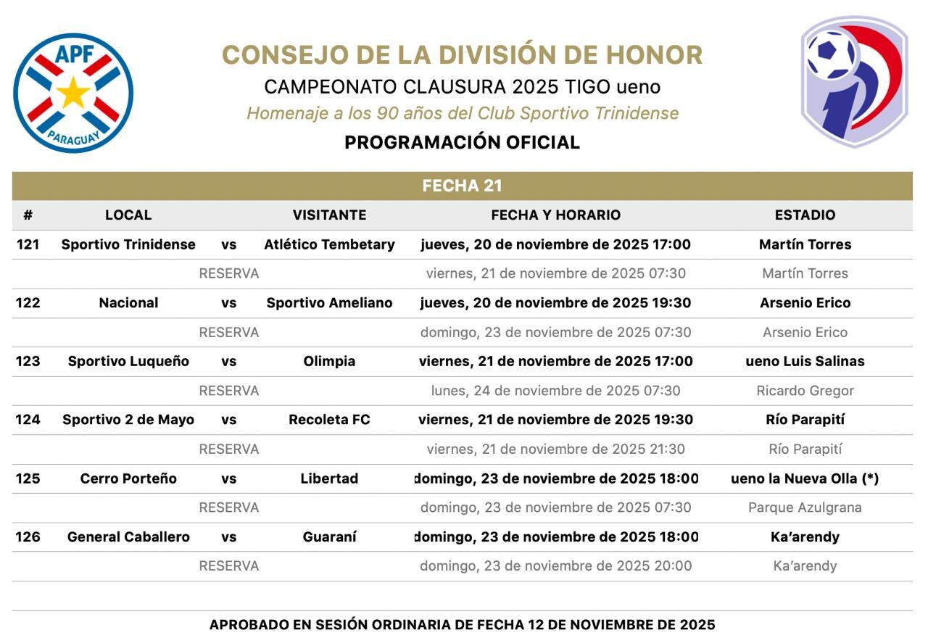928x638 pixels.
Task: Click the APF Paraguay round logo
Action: click(x=73, y=93)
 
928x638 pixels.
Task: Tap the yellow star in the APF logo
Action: click(x=73, y=93)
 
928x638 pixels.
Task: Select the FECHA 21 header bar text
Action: click(x=463, y=186)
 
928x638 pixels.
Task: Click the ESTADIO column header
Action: click(x=805, y=215)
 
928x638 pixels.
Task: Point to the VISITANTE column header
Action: click(x=329, y=215)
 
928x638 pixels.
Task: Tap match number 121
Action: click(x=28, y=244)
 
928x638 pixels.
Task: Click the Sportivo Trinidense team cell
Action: click(x=128, y=244)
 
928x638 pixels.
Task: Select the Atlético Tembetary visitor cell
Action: click(x=329, y=244)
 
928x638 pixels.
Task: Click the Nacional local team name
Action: click(x=128, y=303)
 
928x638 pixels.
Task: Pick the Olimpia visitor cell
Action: click(x=329, y=361)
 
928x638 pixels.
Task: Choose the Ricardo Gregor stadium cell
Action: click(x=805, y=391)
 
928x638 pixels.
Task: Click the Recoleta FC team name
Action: click(x=329, y=420)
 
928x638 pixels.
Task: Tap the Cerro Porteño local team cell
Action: click(x=128, y=478)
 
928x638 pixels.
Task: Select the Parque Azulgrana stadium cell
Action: click(x=805, y=507)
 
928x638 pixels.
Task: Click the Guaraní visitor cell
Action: click(x=329, y=537)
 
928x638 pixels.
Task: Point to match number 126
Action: click(x=28, y=537)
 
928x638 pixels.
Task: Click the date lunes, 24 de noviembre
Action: click(x=555, y=391)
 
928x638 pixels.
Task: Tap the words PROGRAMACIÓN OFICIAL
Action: click(x=462, y=142)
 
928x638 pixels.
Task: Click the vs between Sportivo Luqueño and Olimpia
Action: click(x=229, y=361)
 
